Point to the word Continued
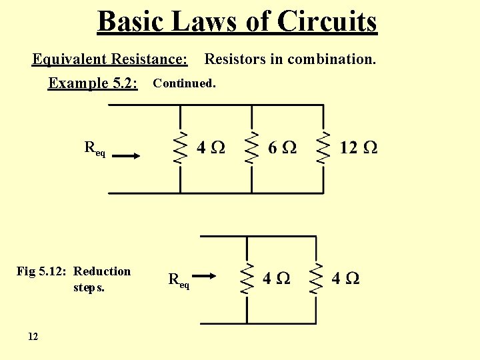[x=184, y=84]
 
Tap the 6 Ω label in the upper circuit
[x=282, y=147]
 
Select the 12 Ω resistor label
[x=358, y=147]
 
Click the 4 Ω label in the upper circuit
[x=211, y=147]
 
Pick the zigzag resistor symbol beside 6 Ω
[x=252, y=147]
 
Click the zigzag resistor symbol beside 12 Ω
[x=323, y=147]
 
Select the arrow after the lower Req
[x=207, y=276]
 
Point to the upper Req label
[x=94, y=149]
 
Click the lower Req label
[x=179, y=280]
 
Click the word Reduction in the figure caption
[x=102, y=271]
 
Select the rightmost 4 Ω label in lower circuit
[x=345, y=278]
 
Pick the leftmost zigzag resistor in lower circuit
[x=247, y=278]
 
